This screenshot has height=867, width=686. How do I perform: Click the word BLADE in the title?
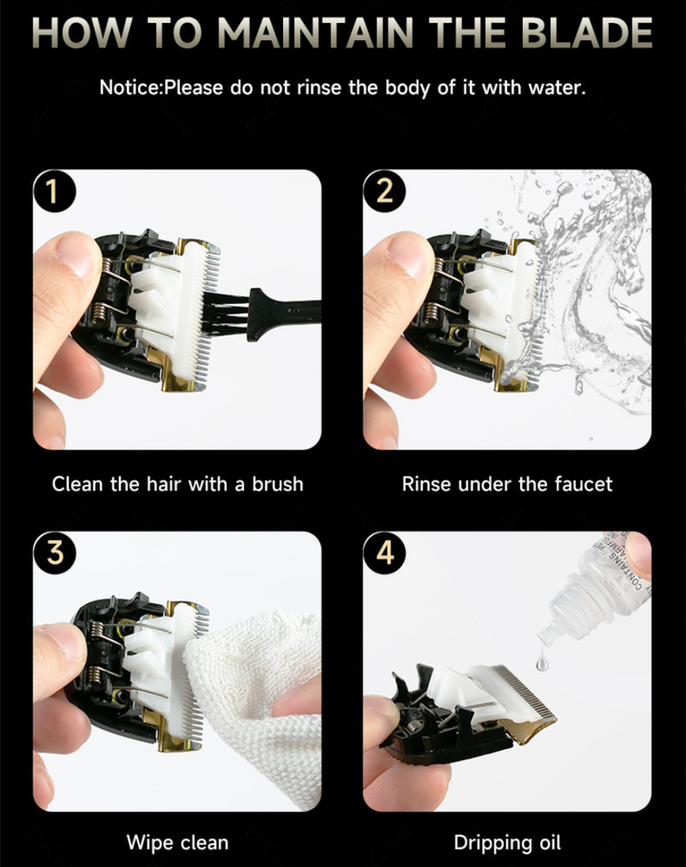point(587,33)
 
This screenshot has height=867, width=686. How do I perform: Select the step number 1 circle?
point(53,191)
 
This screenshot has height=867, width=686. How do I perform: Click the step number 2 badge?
point(384,191)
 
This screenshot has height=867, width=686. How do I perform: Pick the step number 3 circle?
point(53,553)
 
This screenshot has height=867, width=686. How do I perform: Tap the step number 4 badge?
point(384,553)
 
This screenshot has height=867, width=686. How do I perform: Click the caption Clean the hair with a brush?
point(177,484)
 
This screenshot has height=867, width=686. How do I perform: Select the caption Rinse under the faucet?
point(507,484)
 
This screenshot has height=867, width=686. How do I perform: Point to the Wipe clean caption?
point(177,842)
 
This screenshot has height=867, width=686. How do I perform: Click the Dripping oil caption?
point(507,843)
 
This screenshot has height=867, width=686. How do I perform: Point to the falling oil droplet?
point(542,660)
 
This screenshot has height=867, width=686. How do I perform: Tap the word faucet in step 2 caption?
point(583,484)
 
